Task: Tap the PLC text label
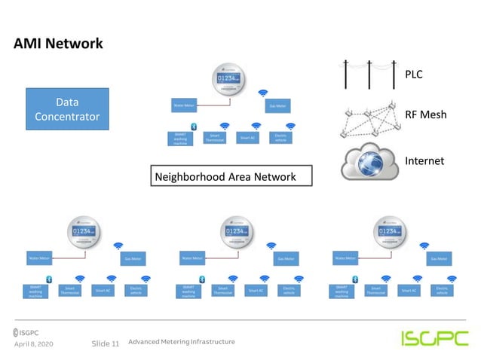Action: coord(415,74)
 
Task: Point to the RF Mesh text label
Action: coord(425,115)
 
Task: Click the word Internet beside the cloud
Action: coord(424,160)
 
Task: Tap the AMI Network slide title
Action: coord(58,44)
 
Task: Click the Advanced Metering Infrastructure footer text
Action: coord(181,342)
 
